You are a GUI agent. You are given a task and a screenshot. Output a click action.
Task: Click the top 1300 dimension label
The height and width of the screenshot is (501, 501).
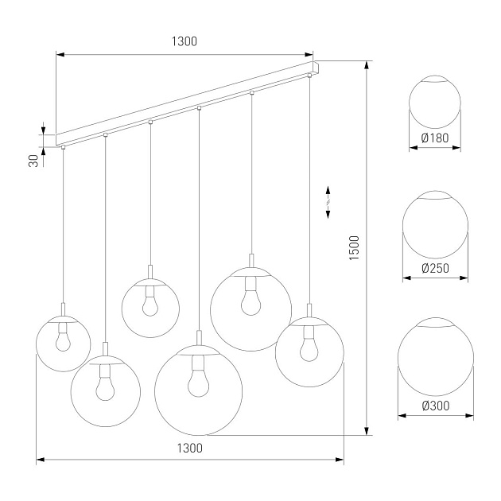[x=184, y=41]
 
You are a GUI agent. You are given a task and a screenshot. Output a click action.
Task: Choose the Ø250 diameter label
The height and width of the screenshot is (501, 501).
[x=435, y=268]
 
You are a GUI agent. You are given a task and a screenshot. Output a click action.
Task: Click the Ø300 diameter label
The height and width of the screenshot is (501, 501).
[x=435, y=405]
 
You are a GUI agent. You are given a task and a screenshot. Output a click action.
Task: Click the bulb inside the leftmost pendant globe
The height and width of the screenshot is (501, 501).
[x=64, y=340]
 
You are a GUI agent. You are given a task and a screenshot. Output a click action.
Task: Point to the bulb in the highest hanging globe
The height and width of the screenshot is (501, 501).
[x=150, y=303]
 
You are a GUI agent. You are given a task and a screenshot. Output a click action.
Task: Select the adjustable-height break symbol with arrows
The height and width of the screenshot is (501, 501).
[x=328, y=198]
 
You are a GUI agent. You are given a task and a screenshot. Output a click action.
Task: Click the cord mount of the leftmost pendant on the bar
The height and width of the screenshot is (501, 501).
[x=63, y=147]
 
